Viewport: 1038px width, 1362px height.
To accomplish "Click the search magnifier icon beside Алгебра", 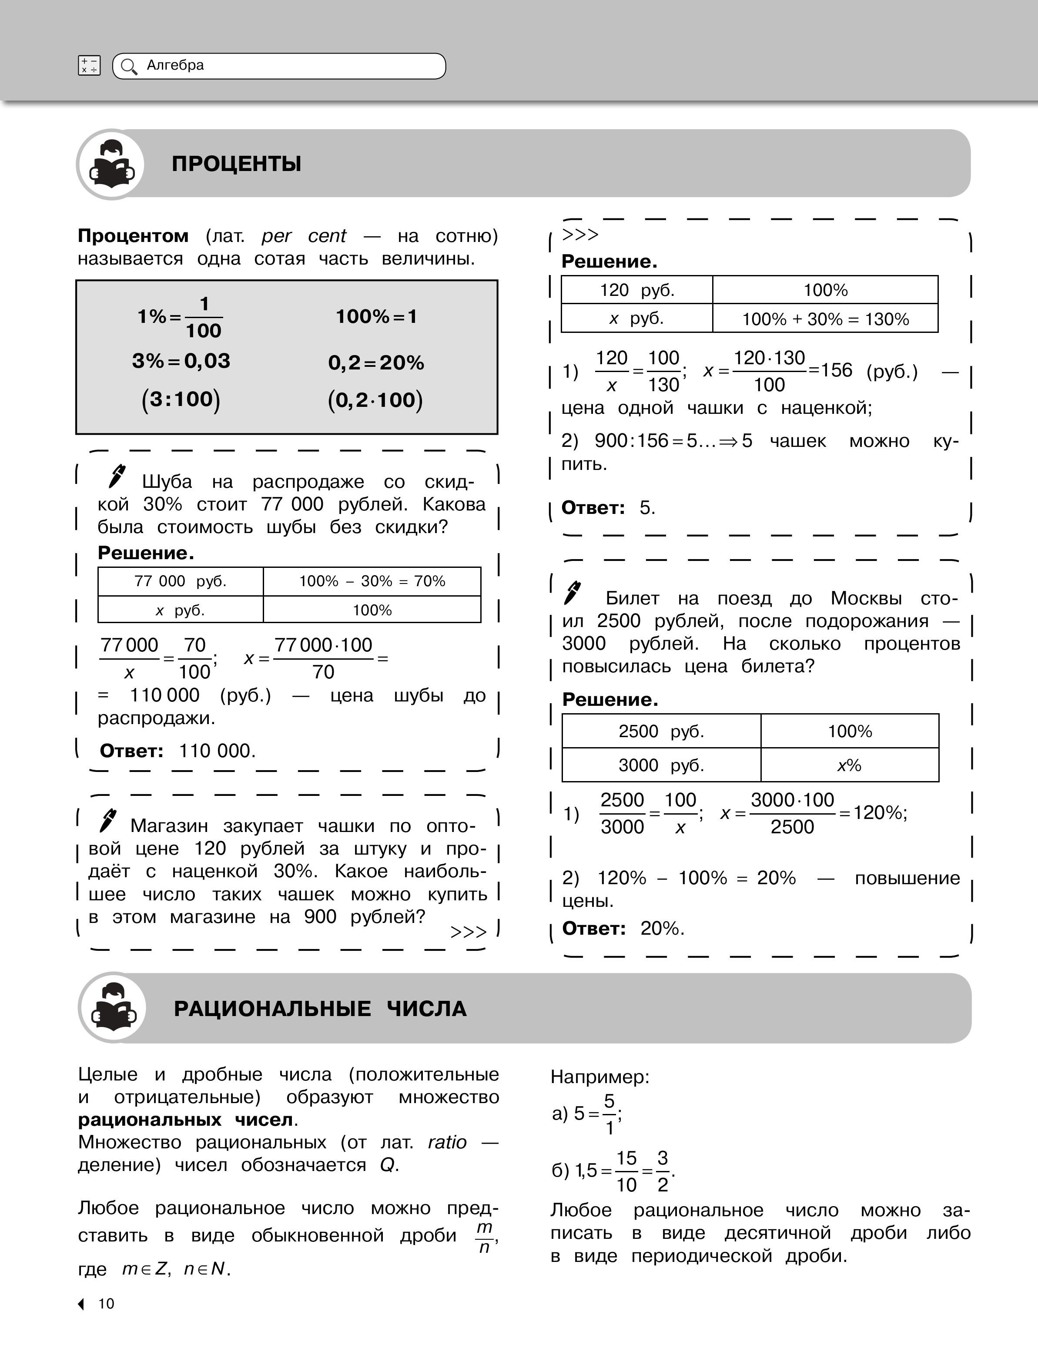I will (x=128, y=67).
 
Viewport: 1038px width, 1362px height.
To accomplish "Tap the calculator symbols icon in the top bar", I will (x=89, y=66).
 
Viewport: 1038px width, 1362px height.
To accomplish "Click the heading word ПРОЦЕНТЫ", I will (x=237, y=164).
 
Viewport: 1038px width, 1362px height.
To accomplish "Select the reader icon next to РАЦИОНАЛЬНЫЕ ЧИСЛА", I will (x=113, y=1007).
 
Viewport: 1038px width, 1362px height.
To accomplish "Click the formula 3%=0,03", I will (x=181, y=361).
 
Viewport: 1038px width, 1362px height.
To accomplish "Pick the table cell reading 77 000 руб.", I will (x=181, y=581).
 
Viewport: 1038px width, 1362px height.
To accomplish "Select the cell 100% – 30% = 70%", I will (x=372, y=581).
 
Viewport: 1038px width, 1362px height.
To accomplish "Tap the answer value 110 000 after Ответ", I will (x=217, y=751).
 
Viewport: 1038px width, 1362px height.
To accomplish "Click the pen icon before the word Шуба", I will (x=116, y=476).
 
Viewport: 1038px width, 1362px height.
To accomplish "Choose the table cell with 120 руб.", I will (x=637, y=290).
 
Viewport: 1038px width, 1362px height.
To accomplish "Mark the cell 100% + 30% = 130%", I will (x=825, y=319).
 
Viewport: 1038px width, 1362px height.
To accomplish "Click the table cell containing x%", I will (x=850, y=765).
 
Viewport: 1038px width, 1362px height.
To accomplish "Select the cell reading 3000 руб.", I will (x=661, y=765).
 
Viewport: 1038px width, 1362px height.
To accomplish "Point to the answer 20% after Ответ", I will (x=662, y=928).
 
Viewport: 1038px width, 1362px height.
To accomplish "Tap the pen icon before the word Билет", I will (x=573, y=593).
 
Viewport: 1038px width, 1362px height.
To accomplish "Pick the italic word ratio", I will (x=447, y=1142).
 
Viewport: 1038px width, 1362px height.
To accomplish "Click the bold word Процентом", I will (x=133, y=236).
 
